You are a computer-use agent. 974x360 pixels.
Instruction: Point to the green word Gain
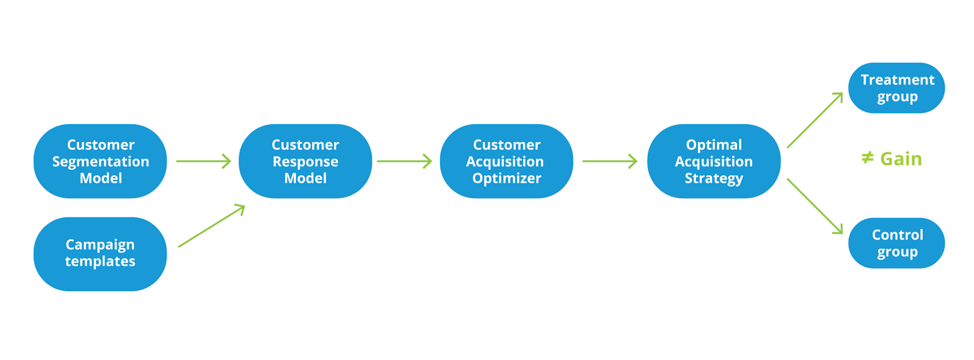[x=900, y=159]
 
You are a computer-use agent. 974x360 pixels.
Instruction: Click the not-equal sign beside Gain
[x=867, y=158]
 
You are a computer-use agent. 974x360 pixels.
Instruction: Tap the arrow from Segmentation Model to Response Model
[x=203, y=161]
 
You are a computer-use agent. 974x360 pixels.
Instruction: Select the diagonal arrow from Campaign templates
[x=212, y=226]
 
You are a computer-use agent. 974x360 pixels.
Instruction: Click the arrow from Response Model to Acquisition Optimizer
[x=404, y=161]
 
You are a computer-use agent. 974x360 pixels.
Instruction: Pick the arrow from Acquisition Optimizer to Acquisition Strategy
[x=609, y=161]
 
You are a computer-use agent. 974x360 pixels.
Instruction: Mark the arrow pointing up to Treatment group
[x=815, y=120]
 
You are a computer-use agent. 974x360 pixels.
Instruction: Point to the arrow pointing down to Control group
[x=815, y=206]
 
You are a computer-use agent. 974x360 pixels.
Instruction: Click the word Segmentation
[x=100, y=162]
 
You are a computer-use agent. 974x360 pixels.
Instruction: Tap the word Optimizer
[x=506, y=178]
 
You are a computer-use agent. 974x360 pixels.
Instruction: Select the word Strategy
[x=713, y=178]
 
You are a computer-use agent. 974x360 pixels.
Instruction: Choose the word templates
[x=100, y=261]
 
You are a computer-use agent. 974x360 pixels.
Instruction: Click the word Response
[x=305, y=162]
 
